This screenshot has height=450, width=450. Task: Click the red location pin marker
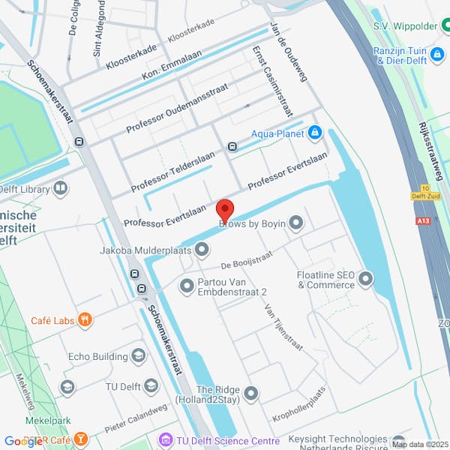coord(225,210)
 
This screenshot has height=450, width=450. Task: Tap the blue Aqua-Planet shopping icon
coord(315,133)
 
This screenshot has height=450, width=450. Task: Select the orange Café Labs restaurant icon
coord(86,321)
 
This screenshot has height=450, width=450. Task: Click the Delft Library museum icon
coord(60,188)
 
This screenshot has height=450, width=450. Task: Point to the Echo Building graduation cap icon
coord(138,355)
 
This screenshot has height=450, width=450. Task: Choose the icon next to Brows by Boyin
coord(296,223)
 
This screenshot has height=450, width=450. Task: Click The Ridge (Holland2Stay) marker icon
coord(251,393)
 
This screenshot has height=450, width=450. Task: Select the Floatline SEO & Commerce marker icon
coord(365,280)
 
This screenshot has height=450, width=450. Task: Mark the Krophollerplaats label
coord(299,403)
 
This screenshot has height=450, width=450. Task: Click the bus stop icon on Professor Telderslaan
coord(232,147)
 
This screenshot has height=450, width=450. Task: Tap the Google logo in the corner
coord(22,441)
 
